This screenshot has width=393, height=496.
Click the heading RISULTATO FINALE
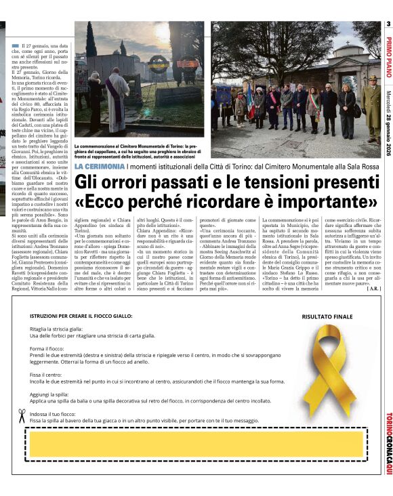[328, 316]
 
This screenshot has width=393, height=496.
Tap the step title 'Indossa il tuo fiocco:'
[54, 413]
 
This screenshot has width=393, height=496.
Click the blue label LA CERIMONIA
[100, 167]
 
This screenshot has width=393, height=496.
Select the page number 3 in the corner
[388, 25]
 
